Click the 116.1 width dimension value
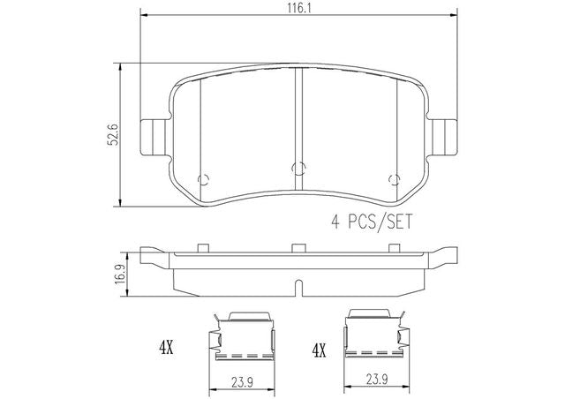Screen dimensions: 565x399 coord(299,8)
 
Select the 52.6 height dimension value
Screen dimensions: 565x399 coord(114,135)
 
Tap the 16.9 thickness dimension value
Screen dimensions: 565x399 coord(120,275)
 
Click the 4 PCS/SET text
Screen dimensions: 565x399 coord(372,222)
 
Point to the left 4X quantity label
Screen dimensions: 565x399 coord(166,348)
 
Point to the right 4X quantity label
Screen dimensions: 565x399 coord(319,350)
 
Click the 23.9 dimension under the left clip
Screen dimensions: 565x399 coord(242,382)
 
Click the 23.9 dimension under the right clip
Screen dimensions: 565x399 coord(377,379)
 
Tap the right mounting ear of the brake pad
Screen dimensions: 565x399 coord(444,138)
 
